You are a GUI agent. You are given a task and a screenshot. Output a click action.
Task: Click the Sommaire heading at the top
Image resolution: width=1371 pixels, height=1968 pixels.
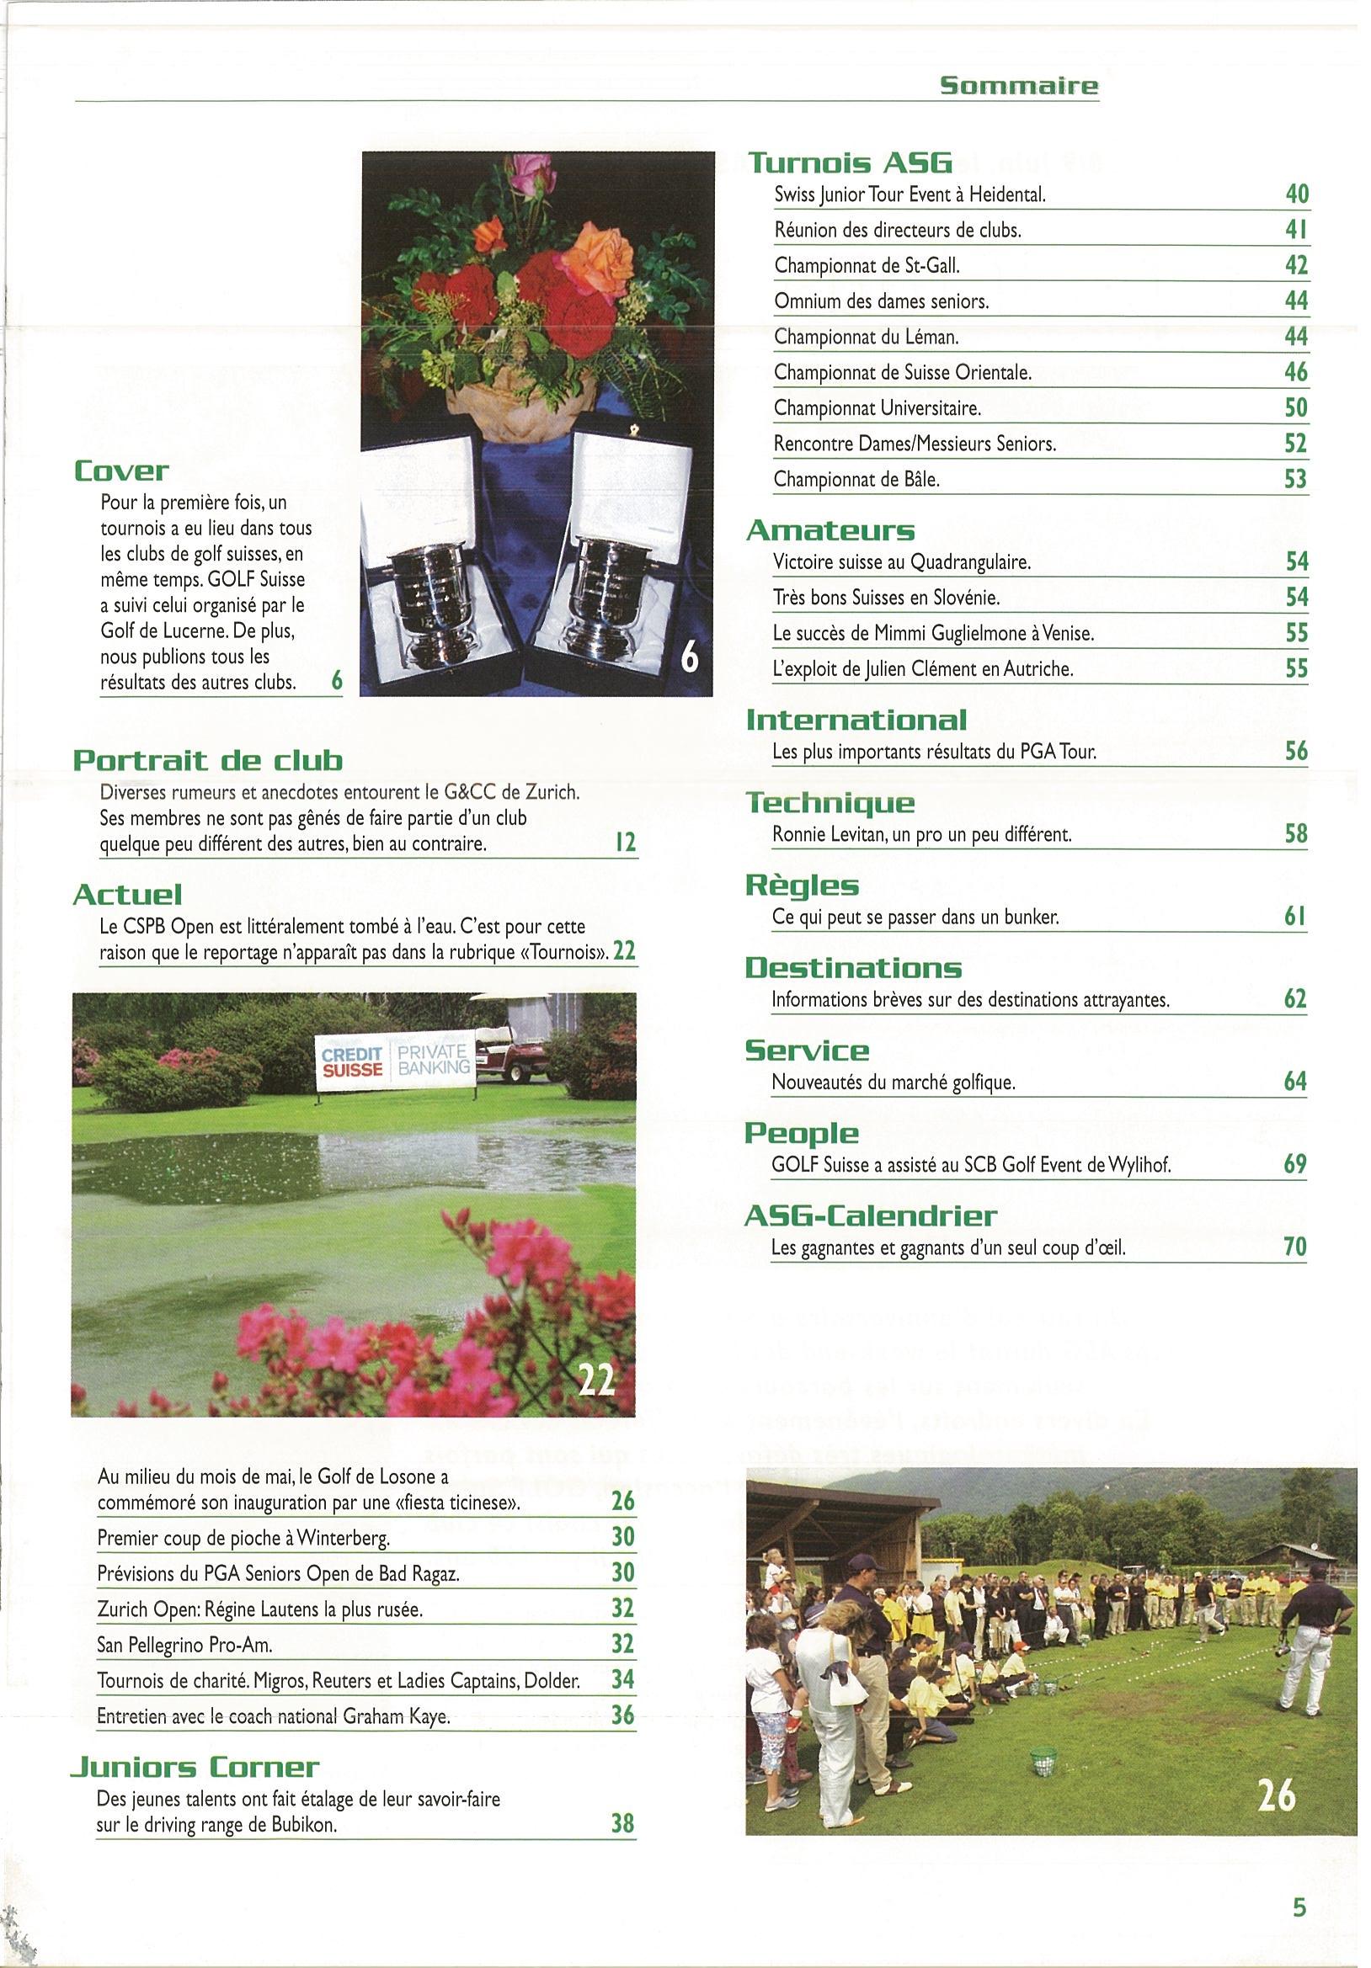1019,85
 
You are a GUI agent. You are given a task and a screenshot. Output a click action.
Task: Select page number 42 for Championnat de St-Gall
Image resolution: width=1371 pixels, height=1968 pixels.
1296,266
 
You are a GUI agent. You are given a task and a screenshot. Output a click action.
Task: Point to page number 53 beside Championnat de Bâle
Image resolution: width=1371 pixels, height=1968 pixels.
1296,479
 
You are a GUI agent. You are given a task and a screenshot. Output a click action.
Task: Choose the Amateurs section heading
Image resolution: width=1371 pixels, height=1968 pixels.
830,530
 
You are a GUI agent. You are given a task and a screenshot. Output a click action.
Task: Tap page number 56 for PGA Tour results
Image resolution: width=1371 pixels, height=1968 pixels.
1296,752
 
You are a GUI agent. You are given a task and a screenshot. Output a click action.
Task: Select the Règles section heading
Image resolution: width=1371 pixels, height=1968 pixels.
802,885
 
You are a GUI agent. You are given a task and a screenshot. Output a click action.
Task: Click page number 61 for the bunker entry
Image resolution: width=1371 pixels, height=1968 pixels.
1296,918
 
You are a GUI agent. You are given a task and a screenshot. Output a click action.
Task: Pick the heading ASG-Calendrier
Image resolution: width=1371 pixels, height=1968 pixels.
871,1216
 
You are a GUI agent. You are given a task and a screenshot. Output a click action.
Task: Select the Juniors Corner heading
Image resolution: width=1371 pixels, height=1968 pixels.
195,1768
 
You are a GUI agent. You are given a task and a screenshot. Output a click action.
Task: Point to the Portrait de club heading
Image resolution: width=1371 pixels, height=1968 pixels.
207,760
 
